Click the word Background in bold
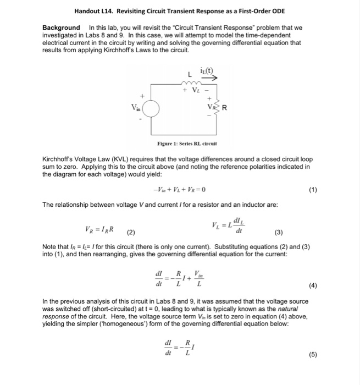point(61,28)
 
